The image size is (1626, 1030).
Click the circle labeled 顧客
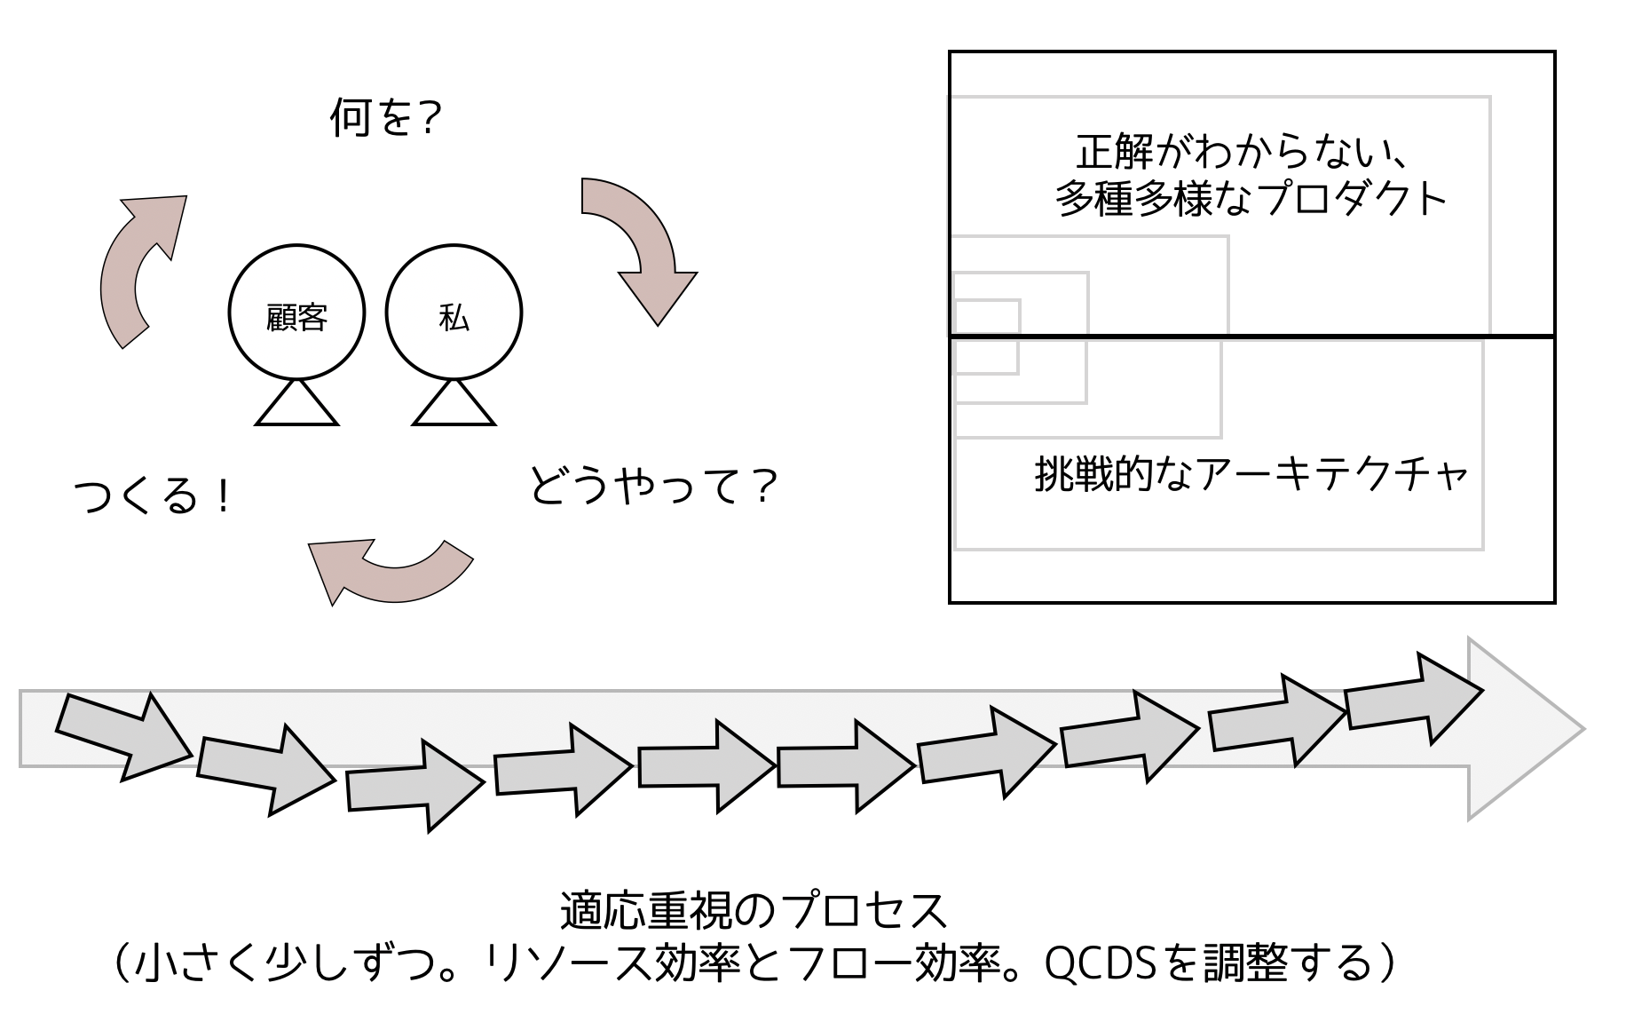click(x=296, y=313)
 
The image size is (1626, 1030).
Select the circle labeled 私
click(x=454, y=313)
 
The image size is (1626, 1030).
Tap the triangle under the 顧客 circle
click(x=296, y=406)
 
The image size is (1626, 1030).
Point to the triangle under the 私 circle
click(x=454, y=406)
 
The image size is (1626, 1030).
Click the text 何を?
click(x=385, y=117)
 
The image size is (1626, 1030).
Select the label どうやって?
click(x=652, y=487)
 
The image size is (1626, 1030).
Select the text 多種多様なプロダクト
click(x=1250, y=199)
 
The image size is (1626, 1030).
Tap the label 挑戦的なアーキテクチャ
click(x=1250, y=473)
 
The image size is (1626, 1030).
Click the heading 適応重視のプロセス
click(x=754, y=910)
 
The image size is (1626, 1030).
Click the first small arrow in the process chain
click(x=124, y=735)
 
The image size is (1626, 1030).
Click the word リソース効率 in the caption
click(x=612, y=963)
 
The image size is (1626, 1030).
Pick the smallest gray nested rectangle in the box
click(x=986, y=337)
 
